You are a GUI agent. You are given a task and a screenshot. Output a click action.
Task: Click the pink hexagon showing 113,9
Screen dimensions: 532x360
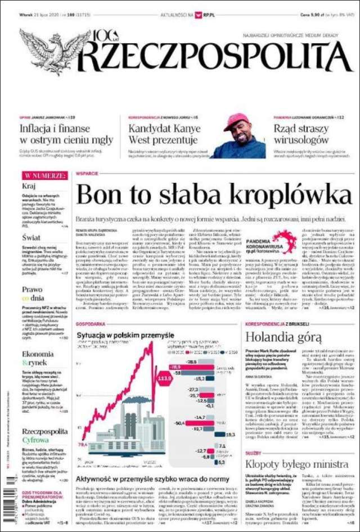coord(165,378)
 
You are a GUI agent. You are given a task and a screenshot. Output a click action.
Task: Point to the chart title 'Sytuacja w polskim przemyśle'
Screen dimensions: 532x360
coord(125,336)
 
